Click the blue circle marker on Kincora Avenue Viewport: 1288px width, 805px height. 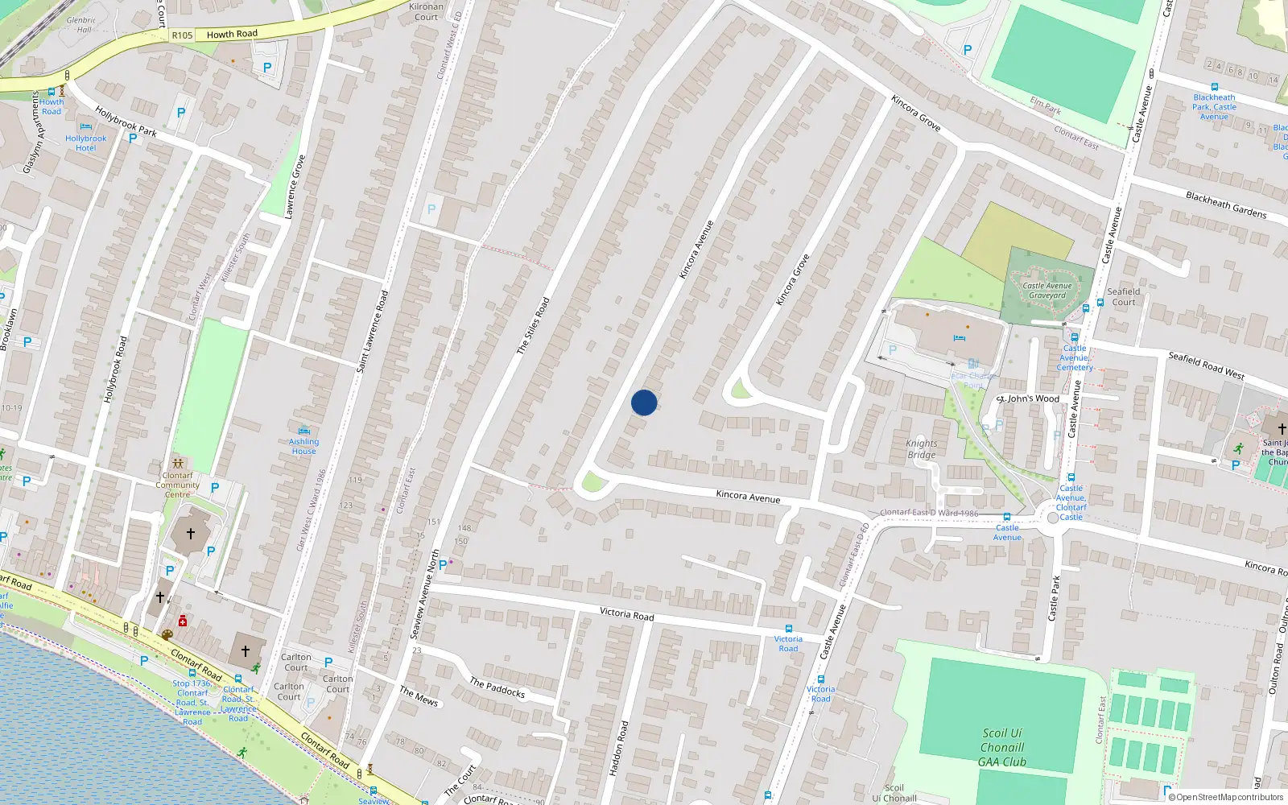[x=644, y=402]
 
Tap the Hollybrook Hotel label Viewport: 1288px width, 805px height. [x=85, y=143]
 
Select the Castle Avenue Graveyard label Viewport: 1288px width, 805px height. [x=1046, y=291]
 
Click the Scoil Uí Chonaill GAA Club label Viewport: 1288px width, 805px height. [x=1002, y=747]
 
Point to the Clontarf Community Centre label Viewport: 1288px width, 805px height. [x=178, y=485]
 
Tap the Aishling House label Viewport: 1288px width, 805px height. [x=304, y=446]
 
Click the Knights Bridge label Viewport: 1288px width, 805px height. [x=922, y=449]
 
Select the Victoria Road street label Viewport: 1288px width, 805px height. [x=626, y=613]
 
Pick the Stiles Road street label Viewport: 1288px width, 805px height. [x=533, y=326]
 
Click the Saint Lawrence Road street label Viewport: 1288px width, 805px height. [x=372, y=332]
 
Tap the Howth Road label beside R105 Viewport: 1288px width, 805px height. [x=232, y=34]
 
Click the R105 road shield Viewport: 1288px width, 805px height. [x=182, y=35]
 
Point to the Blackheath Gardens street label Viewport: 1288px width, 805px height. [x=1225, y=204]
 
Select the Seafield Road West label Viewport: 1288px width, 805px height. [x=1206, y=365]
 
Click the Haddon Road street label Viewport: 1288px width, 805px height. [x=617, y=748]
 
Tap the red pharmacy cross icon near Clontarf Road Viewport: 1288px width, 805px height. [x=183, y=621]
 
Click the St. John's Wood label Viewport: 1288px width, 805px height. [x=1029, y=398]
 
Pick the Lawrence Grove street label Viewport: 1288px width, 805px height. [x=295, y=186]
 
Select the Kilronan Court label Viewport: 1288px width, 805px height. [x=426, y=12]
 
